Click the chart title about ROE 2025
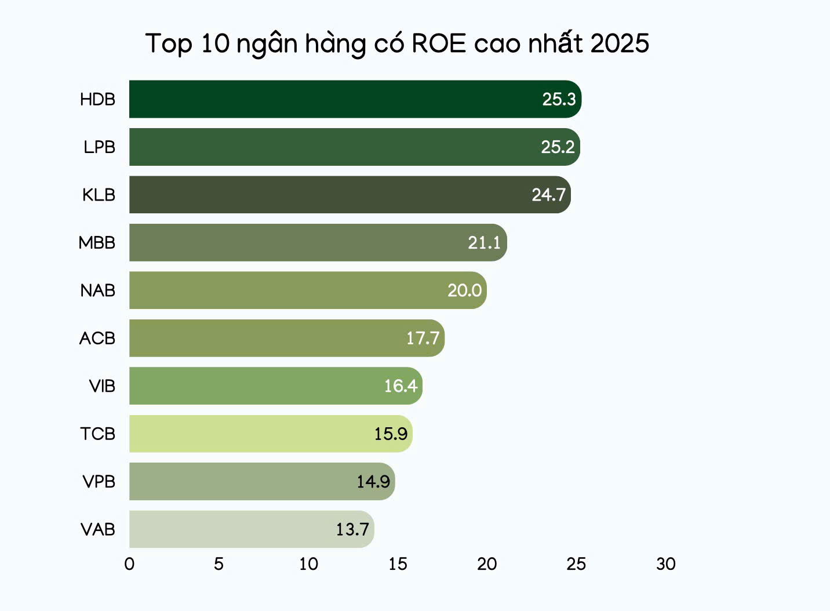click(x=397, y=44)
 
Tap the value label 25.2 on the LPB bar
click(x=558, y=147)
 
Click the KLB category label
click(x=99, y=195)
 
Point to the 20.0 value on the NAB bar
click(x=464, y=290)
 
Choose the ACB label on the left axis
click(x=97, y=338)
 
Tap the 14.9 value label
click(x=373, y=482)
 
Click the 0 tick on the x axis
click(x=129, y=564)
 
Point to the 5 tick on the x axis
click(x=219, y=564)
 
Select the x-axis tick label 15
click(x=398, y=564)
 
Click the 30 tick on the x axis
click(x=666, y=564)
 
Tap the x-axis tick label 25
click(x=576, y=564)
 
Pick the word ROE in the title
click(x=439, y=44)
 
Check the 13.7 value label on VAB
click(x=352, y=529)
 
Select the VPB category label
click(x=99, y=482)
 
